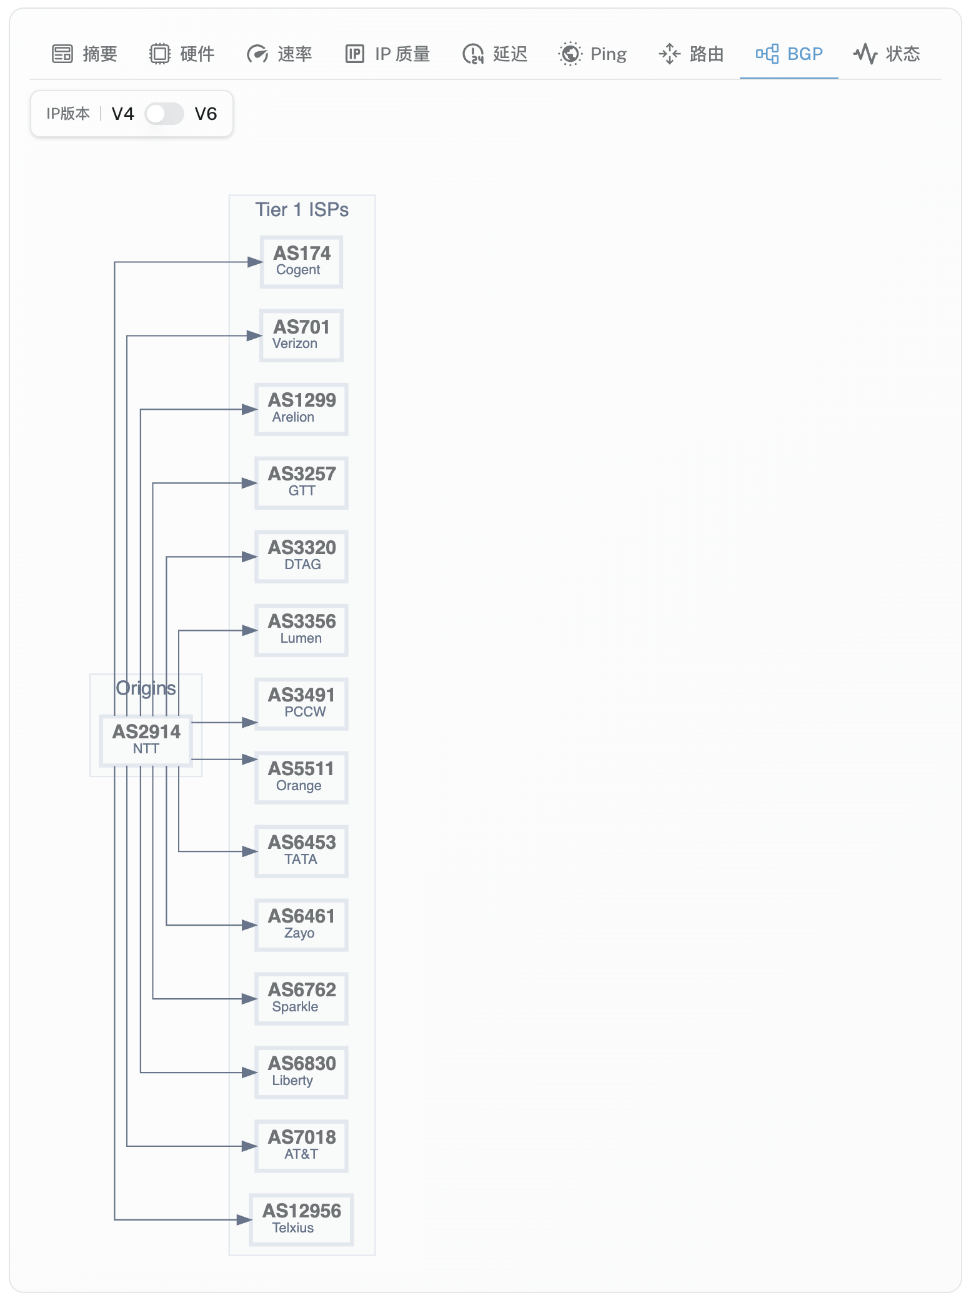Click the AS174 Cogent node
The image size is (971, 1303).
pyautogui.click(x=301, y=262)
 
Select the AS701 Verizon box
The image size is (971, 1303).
pyautogui.click(x=301, y=335)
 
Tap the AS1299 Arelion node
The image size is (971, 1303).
pyautogui.click(x=301, y=409)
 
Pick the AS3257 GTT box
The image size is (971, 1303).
pyautogui.click(x=301, y=483)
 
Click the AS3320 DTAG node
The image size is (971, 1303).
pyautogui.click(x=301, y=557)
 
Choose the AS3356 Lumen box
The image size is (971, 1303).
pyautogui.click(x=301, y=630)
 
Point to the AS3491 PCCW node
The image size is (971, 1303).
pyautogui.click(x=301, y=704)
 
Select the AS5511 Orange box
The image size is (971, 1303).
pyautogui.click(x=301, y=778)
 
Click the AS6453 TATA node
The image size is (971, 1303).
pyautogui.click(x=301, y=851)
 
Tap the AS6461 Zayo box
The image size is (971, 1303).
pyautogui.click(x=301, y=925)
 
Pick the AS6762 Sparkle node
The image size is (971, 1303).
pyautogui.click(x=301, y=999)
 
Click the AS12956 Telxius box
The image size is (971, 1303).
pyautogui.click(x=301, y=1220)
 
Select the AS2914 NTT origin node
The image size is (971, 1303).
pyautogui.click(x=146, y=740)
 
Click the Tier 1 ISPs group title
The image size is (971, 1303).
pyautogui.click(x=302, y=210)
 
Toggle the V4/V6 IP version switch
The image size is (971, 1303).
pyautogui.click(x=164, y=114)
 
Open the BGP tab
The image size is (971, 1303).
pyautogui.click(x=789, y=54)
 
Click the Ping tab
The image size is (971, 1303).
pyautogui.click(x=592, y=54)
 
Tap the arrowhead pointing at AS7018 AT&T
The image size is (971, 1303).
pyautogui.click(x=250, y=1146)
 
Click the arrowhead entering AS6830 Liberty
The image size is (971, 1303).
pyautogui.click(x=250, y=1073)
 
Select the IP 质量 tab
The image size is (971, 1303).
pyautogui.click(x=388, y=54)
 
